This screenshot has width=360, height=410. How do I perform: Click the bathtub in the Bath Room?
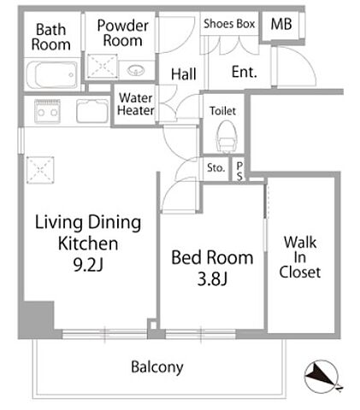coord(51,74)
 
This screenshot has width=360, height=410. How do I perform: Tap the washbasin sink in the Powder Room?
coord(136,69)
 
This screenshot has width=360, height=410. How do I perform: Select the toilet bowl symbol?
coord(226,136)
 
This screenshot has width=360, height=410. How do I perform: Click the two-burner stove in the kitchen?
coord(47,111)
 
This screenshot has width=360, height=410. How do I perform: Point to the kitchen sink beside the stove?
coord(92,111)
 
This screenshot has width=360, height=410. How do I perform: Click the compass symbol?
coord(322,377)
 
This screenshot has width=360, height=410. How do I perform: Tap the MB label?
coord(281,24)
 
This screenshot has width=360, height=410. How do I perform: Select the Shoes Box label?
coord(229,24)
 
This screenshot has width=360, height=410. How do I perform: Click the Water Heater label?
coord(136,104)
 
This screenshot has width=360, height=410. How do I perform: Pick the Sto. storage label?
coord(215,168)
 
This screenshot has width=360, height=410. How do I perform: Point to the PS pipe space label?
coord(239,171)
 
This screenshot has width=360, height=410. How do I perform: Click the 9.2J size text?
coord(88,265)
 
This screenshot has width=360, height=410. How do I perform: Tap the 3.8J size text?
coord(212,278)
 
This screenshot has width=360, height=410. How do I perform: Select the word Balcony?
coord(157,367)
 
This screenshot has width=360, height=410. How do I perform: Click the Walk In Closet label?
coord(300,257)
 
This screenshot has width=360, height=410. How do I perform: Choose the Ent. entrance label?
coord(245,72)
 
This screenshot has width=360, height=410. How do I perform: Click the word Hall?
coord(184,74)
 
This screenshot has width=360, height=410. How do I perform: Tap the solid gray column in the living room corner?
coord(37,319)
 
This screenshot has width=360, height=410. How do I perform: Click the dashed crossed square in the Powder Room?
coord(103,66)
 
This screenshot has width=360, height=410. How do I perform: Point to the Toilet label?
coord(222,111)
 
